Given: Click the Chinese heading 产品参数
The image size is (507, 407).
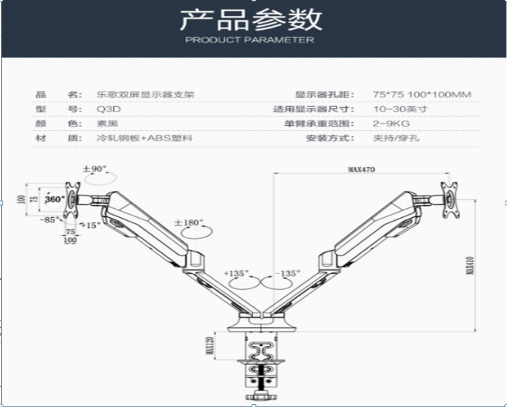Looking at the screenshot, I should [250, 19].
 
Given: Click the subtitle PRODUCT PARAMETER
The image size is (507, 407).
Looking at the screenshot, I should [250, 40].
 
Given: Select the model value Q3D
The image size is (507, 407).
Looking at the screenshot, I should [106, 109].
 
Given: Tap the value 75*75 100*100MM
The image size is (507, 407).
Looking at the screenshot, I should [422, 95].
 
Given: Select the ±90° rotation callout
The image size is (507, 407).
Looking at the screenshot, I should [94, 169].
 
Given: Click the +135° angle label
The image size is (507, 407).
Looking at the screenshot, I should [235, 273].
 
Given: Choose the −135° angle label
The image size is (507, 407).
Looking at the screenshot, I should [287, 273].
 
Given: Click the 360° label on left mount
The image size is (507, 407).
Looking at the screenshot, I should [55, 199].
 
